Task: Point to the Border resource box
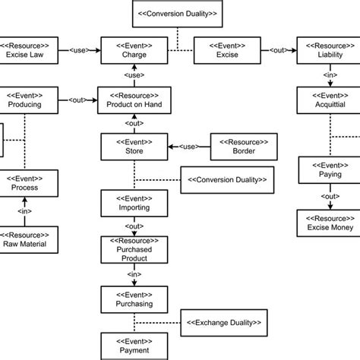[244, 146]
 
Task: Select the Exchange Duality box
[224, 323]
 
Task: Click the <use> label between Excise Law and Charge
[80, 50]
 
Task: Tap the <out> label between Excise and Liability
[278, 50]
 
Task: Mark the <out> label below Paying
[327, 197]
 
